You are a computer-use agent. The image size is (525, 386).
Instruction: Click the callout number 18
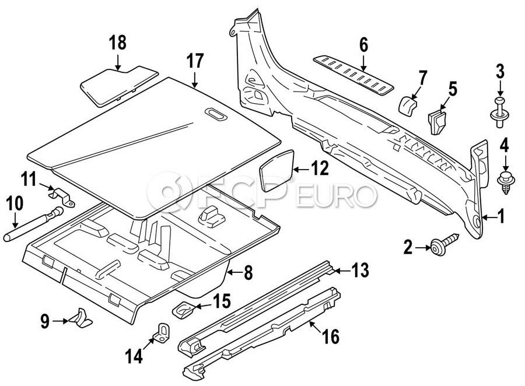[x=118, y=43]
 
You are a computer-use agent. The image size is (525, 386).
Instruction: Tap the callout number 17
[x=195, y=61]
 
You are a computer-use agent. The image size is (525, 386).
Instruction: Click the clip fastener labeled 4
[x=503, y=181]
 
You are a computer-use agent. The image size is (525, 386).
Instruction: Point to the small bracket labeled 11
[x=62, y=195]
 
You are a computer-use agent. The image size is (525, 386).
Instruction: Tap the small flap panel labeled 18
[x=118, y=83]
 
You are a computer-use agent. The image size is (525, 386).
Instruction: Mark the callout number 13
[x=360, y=271]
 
